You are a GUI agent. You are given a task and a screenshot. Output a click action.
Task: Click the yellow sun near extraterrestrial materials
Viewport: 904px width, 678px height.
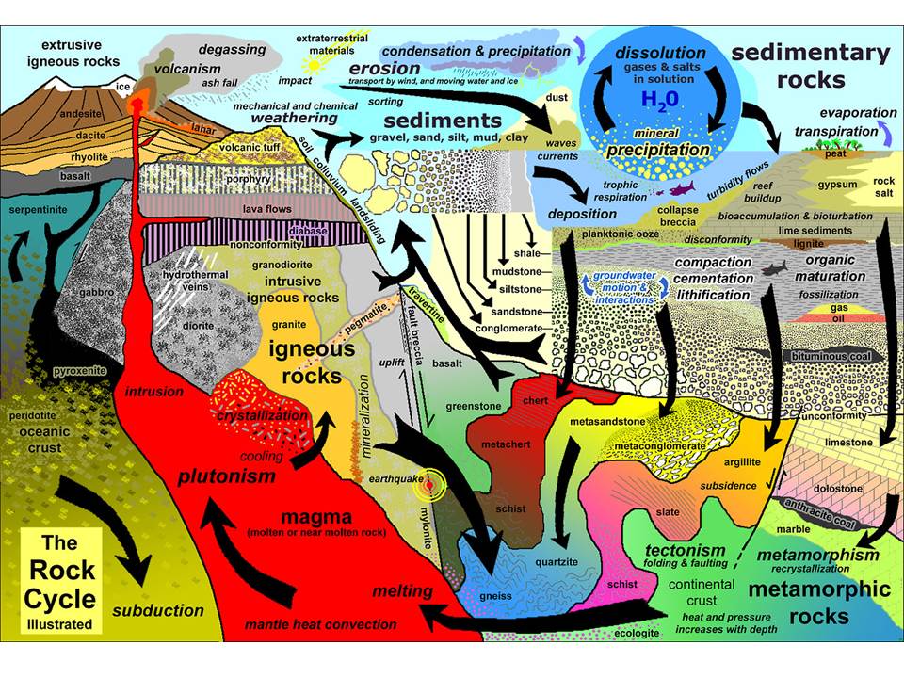[x=315, y=65]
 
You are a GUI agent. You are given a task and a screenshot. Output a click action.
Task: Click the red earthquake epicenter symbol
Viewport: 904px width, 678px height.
[x=429, y=487]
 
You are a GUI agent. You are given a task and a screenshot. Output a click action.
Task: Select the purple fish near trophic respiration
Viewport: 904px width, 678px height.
[x=681, y=188]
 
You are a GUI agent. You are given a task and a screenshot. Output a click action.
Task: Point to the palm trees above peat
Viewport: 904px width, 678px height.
[x=835, y=143]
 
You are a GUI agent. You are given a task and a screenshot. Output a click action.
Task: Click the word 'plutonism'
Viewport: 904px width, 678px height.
[x=227, y=476]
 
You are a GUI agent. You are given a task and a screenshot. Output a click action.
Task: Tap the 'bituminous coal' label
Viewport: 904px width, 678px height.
[x=831, y=356]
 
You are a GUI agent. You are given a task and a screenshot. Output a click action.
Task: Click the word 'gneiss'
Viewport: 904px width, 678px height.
[x=496, y=596]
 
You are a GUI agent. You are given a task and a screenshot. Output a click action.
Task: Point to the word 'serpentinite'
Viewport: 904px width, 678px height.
[x=38, y=210]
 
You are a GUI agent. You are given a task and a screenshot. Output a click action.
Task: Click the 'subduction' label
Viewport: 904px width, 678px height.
[x=158, y=610]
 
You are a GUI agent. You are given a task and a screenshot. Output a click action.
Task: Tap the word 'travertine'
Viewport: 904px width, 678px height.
[x=427, y=304]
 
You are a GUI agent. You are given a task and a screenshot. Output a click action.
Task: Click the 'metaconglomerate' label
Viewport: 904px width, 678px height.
[x=660, y=446]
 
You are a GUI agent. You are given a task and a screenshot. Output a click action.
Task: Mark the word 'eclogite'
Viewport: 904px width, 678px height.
[x=636, y=633]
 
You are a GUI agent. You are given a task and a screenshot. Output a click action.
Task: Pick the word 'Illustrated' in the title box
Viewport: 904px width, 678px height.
[x=59, y=623]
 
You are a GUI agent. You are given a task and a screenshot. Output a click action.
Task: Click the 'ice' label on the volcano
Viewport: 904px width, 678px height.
[x=122, y=87]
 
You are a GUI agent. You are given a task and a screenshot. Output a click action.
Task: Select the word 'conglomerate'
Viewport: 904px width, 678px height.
[x=509, y=329]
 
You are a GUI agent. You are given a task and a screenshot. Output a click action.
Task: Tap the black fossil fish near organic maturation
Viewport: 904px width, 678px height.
[x=774, y=268]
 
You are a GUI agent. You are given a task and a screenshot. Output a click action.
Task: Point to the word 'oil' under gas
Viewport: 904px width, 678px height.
[x=838, y=318]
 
